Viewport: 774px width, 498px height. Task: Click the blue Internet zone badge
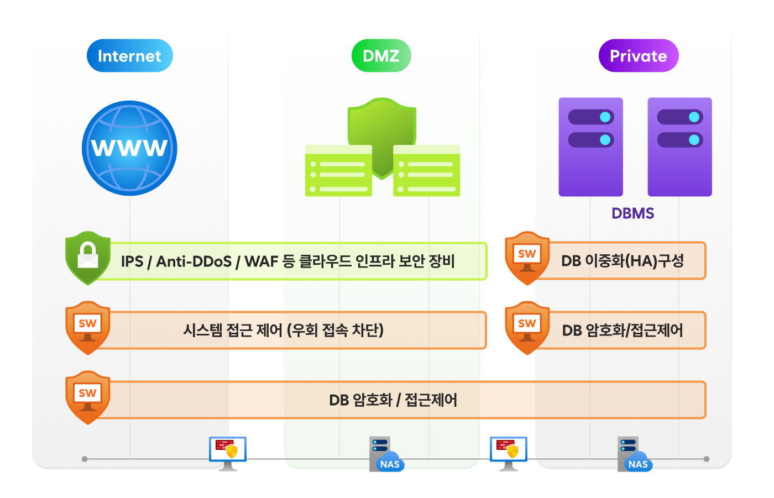coord(129,56)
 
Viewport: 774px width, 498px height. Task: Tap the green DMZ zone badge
coord(381,56)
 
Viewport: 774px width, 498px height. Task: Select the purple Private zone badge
coord(638,56)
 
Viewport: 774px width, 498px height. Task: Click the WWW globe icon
coord(129,148)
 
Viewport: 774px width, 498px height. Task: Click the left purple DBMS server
coord(590,147)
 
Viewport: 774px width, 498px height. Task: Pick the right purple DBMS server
coord(679,147)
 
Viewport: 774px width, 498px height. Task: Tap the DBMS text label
coord(632,213)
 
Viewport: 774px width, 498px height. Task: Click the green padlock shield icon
coord(87,258)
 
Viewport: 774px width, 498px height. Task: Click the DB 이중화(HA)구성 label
coord(623,261)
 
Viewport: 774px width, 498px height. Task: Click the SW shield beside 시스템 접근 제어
coord(87,327)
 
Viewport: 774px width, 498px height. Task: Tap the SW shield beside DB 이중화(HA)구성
coord(527,258)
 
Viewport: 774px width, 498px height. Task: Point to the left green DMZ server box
coord(338,171)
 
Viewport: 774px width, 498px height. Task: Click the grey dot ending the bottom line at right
coord(707,459)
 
